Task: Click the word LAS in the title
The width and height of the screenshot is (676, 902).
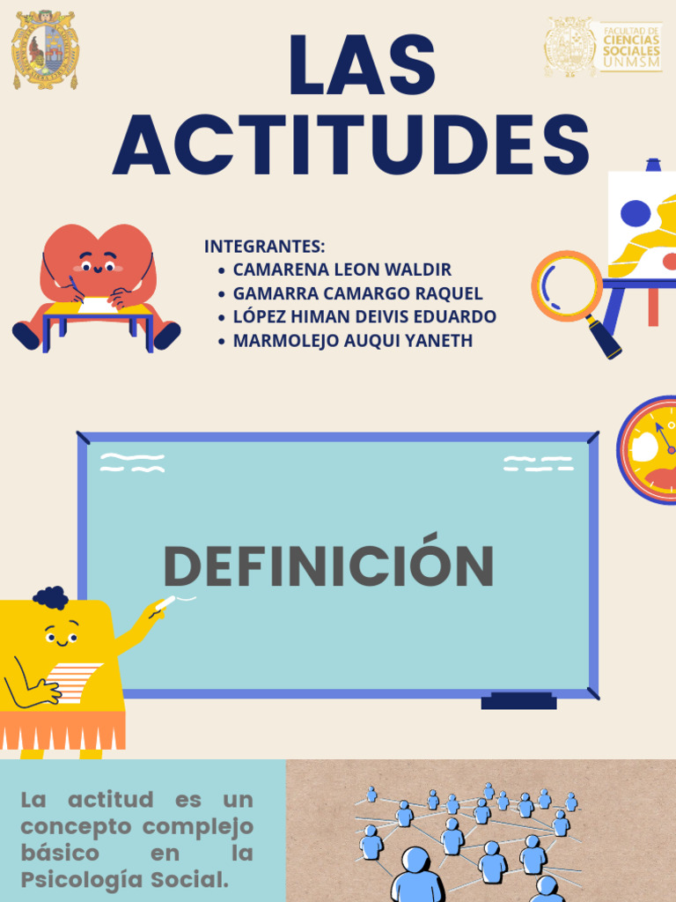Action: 362,65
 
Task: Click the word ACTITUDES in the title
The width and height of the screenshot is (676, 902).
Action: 351,146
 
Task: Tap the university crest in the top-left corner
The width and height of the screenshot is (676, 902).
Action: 45,49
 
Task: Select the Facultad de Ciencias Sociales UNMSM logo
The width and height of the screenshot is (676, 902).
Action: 603,47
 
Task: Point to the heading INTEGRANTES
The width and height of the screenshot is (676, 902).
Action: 265,246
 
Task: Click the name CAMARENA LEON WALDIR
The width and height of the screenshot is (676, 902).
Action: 342,270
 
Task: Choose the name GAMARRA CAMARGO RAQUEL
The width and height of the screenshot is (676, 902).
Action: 357,293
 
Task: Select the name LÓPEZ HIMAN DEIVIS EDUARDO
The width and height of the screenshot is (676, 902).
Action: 364,316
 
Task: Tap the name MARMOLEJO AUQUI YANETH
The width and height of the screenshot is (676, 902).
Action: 352,340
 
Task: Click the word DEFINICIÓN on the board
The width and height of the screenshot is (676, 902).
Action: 328,566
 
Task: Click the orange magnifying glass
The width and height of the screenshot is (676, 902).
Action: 568,287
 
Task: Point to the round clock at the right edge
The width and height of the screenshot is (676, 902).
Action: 650,449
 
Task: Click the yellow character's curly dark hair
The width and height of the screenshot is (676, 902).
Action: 51,597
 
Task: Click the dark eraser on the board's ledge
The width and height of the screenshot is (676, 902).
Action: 518,701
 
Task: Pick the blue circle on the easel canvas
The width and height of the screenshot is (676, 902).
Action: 636,213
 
